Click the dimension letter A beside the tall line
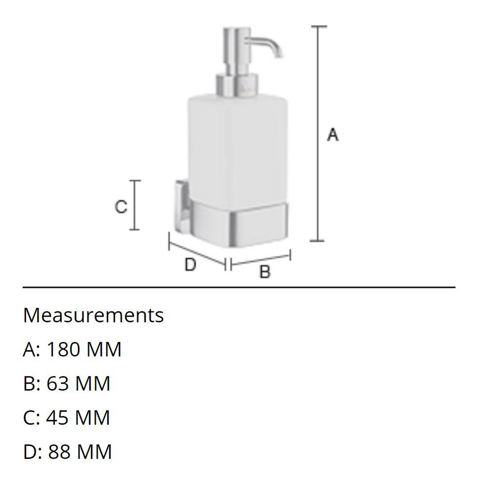[x=333, y=135]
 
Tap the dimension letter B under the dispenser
[x=265, y=272]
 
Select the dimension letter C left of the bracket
[x=121, y=207]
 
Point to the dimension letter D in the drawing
[x=190, y=265]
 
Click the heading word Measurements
[x=93, y=315]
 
